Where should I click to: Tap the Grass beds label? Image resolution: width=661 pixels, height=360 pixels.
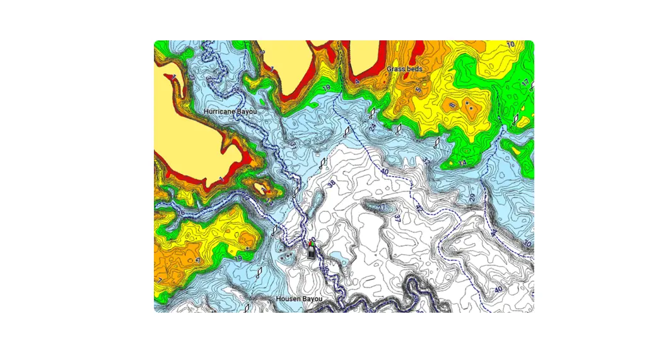[405, 68]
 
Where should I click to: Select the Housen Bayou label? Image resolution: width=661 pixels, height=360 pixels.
[299, 298]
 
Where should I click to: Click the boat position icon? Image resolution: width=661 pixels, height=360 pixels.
[312, 249]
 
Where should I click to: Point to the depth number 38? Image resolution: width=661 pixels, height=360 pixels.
[331, 184]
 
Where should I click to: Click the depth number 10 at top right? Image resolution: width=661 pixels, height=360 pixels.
[510, 44]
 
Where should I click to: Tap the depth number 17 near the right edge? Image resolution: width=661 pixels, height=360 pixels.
[525, 83]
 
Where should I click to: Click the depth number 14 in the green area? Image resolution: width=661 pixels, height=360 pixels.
[462, 163]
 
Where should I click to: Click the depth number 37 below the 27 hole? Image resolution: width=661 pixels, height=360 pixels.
[397, 219]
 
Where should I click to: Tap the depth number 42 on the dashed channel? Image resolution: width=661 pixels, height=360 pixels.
[419, 207]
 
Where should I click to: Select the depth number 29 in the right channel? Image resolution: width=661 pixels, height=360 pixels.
[472, 197]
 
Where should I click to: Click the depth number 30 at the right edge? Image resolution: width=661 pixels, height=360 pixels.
[527, 243]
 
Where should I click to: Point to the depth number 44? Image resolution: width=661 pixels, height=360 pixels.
[494, 233]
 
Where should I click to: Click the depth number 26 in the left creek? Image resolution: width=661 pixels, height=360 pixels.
[182, 213]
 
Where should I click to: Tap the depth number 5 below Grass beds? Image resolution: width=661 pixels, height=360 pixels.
[418, 90]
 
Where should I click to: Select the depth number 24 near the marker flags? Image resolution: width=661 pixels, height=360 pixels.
[373, 127]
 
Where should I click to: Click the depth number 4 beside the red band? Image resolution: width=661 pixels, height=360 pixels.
[357, 81]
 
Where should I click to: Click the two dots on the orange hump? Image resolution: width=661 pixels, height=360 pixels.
[467, 105]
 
